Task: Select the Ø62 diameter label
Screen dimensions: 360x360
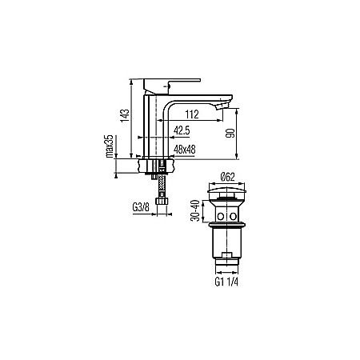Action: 226,177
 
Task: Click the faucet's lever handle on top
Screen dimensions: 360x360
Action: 170,82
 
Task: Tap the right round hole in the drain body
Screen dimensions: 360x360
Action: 234,216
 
